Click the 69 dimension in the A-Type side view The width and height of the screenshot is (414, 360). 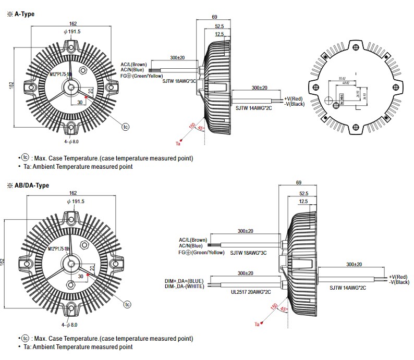coord(214,18)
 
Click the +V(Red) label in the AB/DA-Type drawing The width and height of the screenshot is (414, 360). coord(399,276)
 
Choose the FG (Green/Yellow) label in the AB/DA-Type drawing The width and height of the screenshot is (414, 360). coord(201,253)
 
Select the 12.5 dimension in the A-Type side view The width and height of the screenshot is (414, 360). coord(219,34)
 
